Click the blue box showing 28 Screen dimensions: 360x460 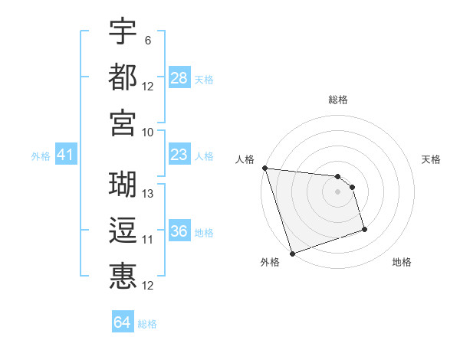(x=179, y=78)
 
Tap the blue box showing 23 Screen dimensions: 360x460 (x=179, y=155)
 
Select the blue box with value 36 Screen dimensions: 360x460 (x=179, y=231)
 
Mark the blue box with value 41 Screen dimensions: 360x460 (x=65, y=155)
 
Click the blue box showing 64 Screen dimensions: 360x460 (x=122, y=323)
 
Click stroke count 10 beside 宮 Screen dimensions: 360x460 (x=148, y=132)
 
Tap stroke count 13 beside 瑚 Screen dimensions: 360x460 (x=148, y=194)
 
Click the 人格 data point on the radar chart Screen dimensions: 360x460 (x=264, y=168)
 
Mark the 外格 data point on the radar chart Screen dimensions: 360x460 (x=292, y=254)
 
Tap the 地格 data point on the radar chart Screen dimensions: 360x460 (x=364, y=229)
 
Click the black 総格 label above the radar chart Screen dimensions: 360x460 (x=337, y=100)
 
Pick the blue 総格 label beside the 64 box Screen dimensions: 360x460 (x=147, y=324)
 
